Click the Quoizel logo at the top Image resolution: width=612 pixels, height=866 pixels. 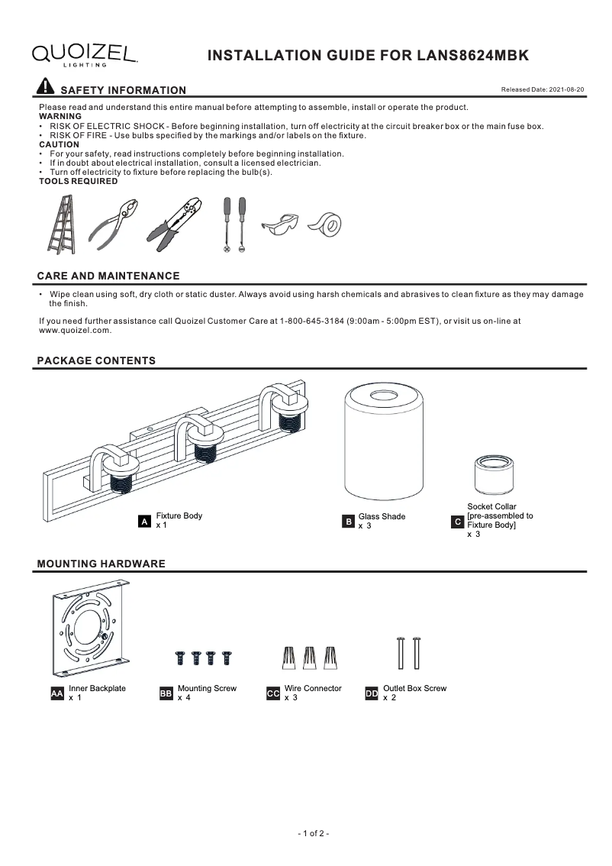(85, 54)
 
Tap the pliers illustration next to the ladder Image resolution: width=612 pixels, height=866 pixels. (114, 225)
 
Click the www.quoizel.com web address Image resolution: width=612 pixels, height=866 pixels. (75, 331)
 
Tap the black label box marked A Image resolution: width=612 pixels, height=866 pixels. (143, 522)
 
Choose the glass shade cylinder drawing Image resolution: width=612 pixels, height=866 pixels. (384, 442)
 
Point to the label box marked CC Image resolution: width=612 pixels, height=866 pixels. (273, 693)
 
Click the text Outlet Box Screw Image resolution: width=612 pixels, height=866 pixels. (414, 688)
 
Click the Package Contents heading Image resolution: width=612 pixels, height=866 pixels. (96, 360)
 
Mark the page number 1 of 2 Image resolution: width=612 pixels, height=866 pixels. (313, 833)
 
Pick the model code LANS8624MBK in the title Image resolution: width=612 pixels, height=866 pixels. (472, 56)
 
